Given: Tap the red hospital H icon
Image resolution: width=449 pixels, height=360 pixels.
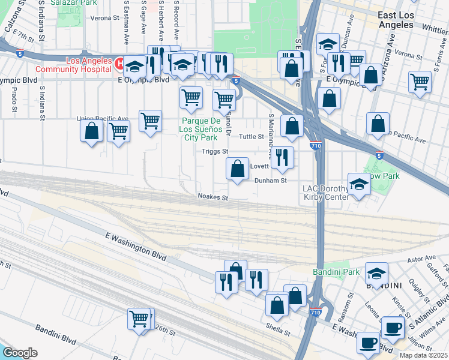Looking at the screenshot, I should point(119,62).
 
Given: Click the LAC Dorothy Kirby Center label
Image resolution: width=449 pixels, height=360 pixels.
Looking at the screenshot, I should point(325,193).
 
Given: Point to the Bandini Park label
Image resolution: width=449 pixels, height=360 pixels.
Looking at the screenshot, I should point(336,272).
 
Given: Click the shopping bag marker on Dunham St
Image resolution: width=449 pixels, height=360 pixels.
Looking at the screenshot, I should point(238,169).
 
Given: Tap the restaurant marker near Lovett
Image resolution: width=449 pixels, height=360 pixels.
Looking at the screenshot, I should point(282,158).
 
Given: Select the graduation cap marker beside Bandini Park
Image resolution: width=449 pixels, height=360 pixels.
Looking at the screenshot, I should point(376,274).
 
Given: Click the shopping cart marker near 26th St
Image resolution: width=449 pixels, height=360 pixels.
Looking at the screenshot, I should point(139,318).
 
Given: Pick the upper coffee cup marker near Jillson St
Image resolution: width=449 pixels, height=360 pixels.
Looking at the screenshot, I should point(393,328).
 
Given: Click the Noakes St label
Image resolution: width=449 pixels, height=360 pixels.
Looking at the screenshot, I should point(213,197).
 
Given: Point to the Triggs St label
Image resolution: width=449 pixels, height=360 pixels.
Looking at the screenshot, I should point(215,152).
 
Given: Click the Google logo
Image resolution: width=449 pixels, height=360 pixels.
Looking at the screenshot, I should point(20,353).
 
